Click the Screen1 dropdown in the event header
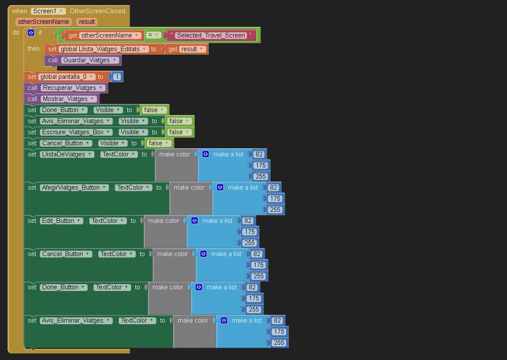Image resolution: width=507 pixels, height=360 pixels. (48, 11)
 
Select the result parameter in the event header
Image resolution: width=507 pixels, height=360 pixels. (87, 22)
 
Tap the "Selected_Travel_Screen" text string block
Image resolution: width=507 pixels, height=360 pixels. (211, 35)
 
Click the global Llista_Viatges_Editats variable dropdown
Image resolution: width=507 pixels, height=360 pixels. (104, 49)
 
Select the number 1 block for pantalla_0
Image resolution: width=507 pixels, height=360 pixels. (117, 77)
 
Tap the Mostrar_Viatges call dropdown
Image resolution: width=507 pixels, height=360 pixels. (68, 99)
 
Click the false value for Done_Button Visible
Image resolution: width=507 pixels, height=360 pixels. (153, 110)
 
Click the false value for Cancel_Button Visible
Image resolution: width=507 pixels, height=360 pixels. (158, 143)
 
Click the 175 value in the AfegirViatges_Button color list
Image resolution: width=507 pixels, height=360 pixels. (275, 199)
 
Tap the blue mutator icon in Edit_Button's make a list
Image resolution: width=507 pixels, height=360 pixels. (195, 221)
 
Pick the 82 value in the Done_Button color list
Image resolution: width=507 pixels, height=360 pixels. (252, 287)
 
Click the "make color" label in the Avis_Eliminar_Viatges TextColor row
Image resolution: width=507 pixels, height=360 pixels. (193, 320)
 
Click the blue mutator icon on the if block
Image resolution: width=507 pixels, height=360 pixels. (31, 32)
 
